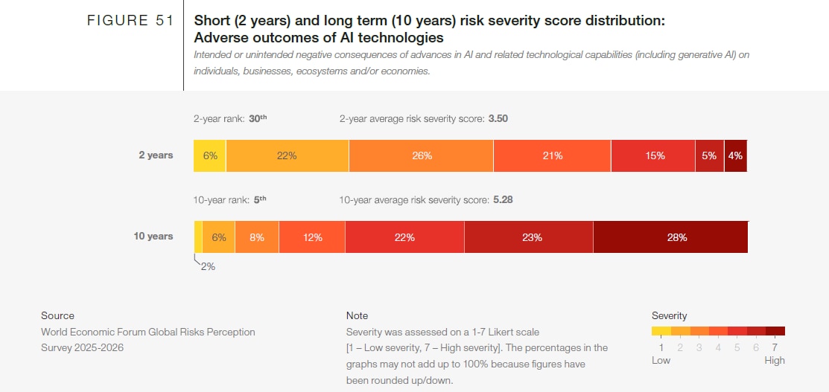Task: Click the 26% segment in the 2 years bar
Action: tap(421, 155)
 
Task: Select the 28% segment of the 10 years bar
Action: tap(670, 237)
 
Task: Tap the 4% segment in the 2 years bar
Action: tap(735, 155)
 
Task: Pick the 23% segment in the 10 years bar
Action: tap(528, 237)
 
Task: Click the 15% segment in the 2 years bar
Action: tap(653, 155)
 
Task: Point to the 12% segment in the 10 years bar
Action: tap(312, 237)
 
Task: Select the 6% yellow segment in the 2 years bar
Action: tap(209, 155)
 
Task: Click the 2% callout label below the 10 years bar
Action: tap(208, 266)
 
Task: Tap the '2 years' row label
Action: tap(156, 155)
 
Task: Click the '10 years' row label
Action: tap(153, 237)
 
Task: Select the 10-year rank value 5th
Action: tap(258, 199)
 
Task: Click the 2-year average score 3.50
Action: tap(498, 118)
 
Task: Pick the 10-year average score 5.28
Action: tap(503, 199)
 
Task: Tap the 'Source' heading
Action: tap(57, 315)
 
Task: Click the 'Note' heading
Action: tap(357, 315)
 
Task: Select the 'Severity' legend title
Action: tap(669, 315)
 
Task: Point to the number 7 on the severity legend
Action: tap(775, 347)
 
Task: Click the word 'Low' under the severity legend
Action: tap(661, 360)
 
